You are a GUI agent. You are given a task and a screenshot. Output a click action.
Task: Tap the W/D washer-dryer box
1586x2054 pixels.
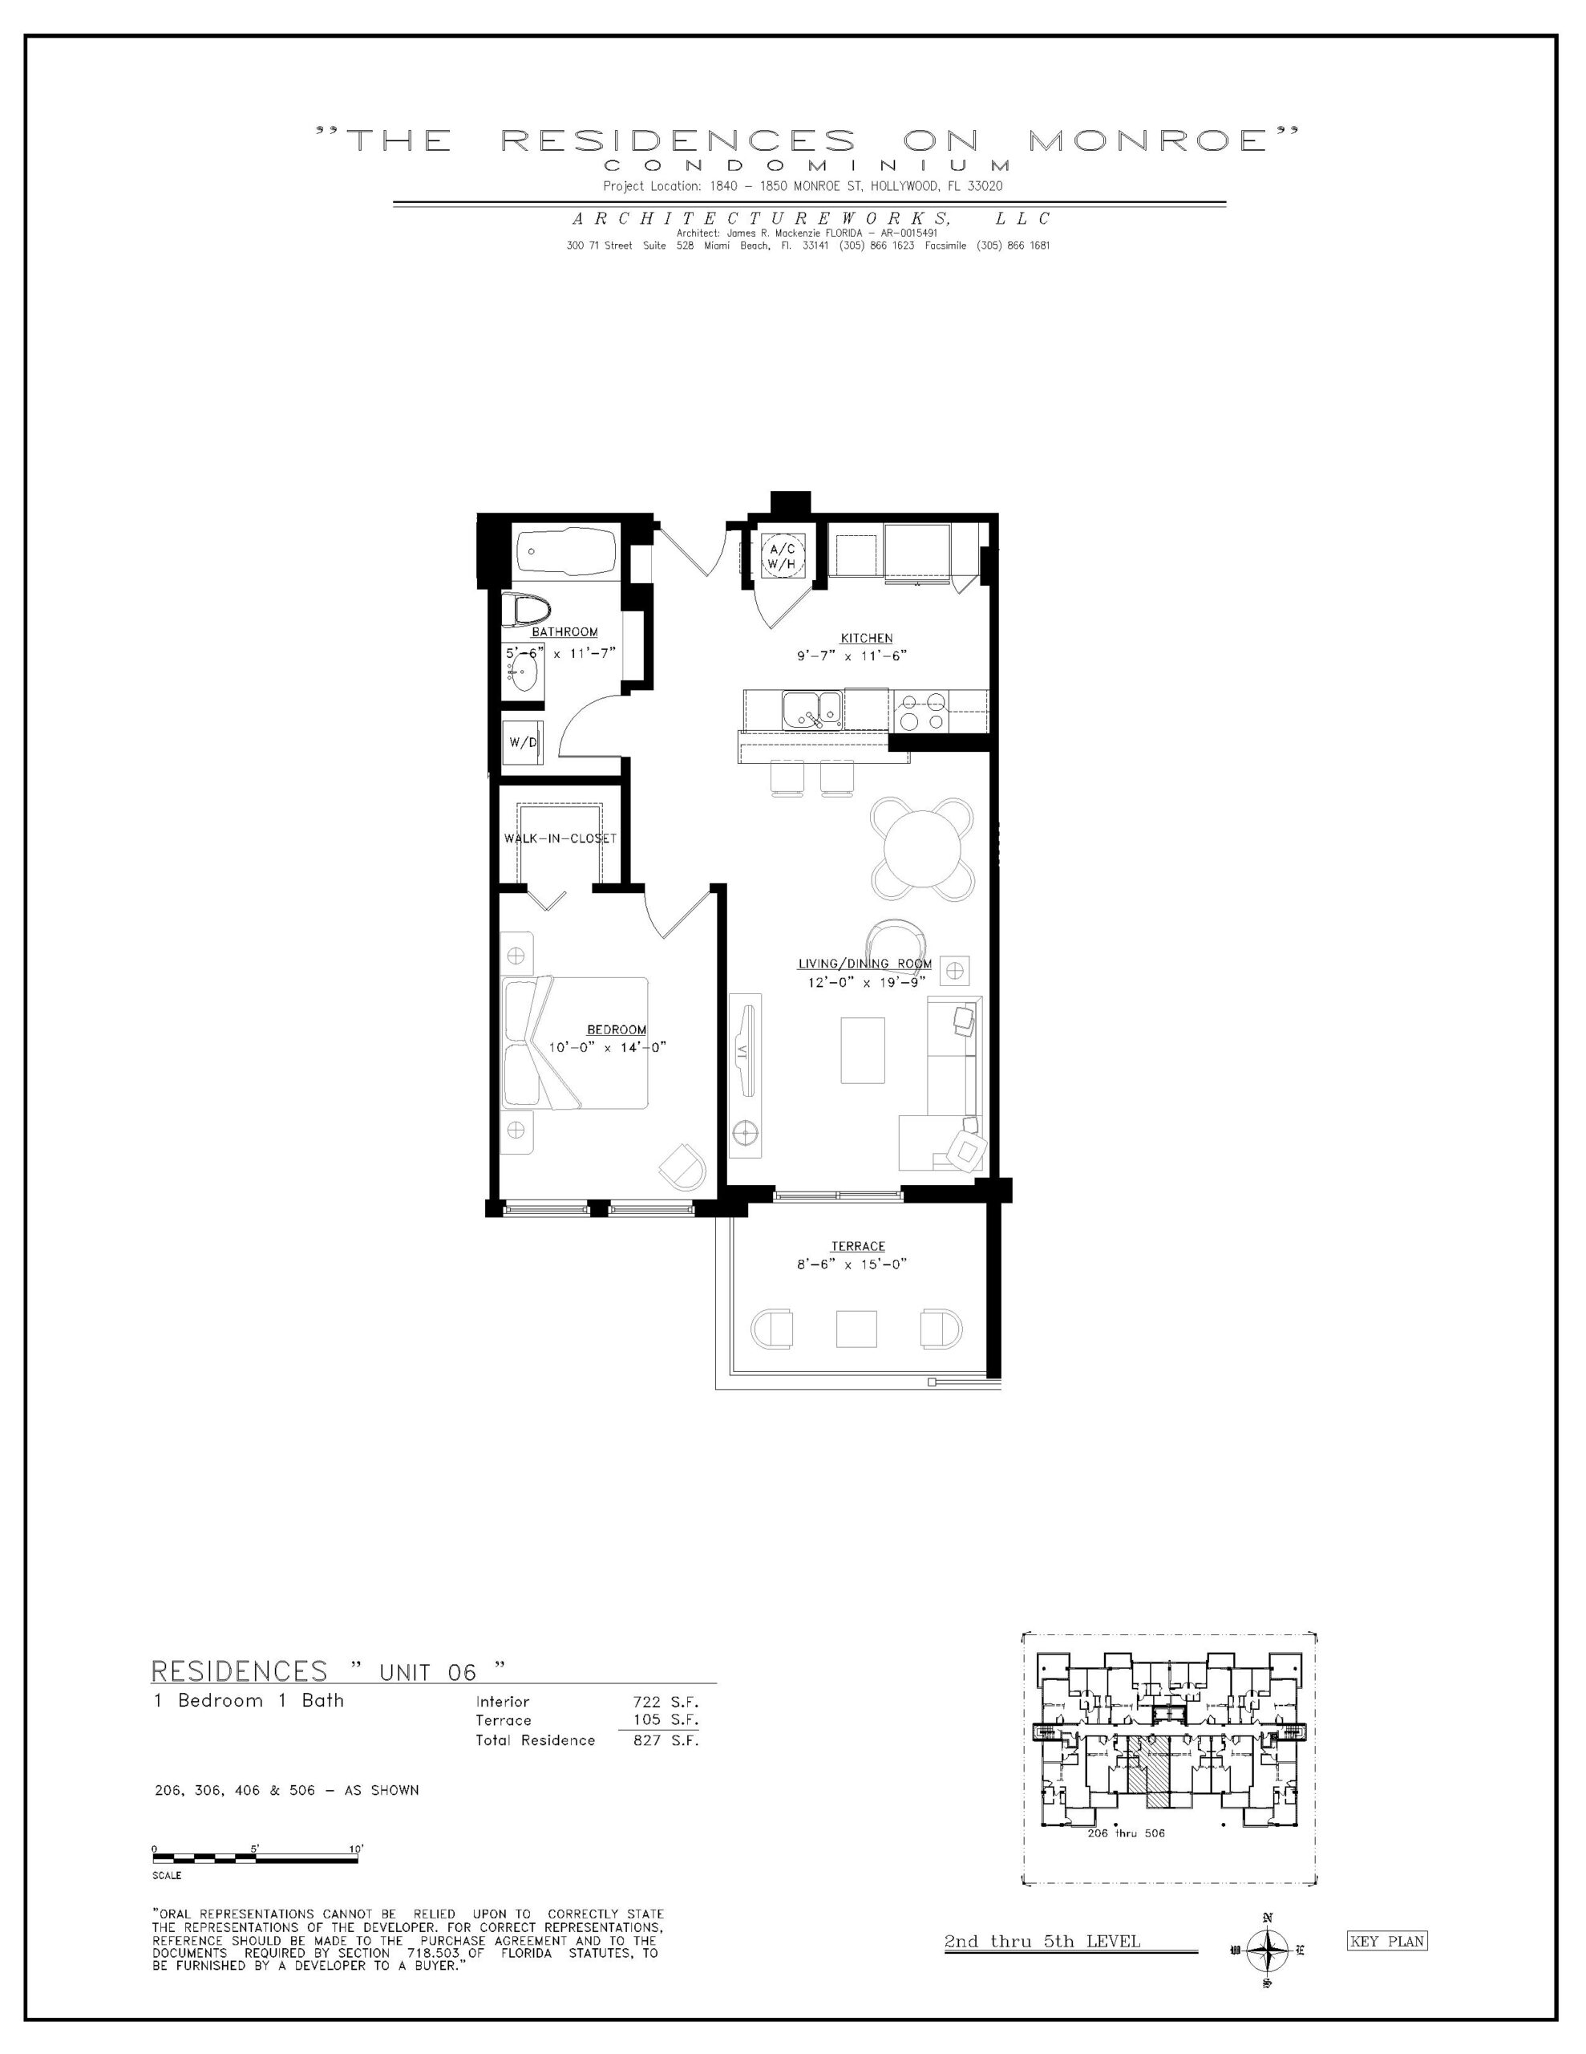click(523, 742)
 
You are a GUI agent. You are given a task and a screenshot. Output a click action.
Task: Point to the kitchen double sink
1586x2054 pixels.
click(813, 709)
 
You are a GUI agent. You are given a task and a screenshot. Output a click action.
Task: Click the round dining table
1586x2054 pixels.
click(923, 843)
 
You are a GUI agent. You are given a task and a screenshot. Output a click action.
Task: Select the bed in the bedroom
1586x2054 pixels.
click(574, 1042)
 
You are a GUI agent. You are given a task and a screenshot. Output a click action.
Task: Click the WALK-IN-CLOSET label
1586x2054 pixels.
click(560, 838)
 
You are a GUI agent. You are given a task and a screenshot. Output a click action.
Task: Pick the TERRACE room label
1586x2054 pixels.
click(857, 1247)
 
